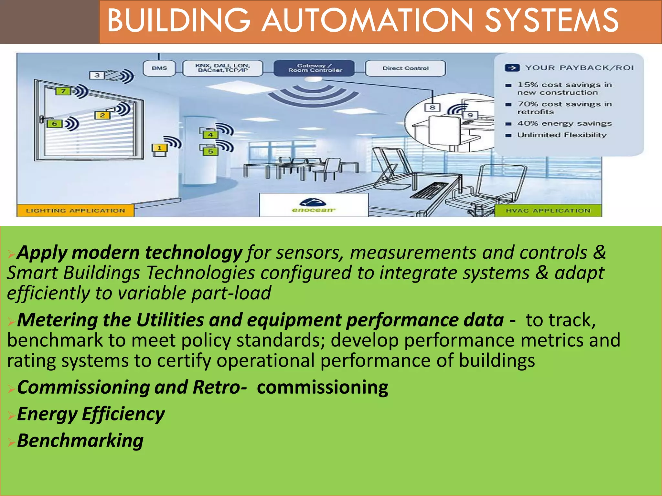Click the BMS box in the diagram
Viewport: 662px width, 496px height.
click(x=159, y=68)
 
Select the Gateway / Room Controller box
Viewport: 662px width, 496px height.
click(x=314, y=68)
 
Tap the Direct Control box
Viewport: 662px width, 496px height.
click(x=405, y=68)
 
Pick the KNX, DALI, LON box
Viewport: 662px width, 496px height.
click(x=223, y=68)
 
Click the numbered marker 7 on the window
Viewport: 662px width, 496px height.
click(x=63, y=91)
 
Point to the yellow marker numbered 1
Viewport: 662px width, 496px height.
click(x=159, y=148)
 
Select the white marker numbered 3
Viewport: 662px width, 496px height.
click(x=97, y=75)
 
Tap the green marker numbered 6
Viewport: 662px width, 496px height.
click(x=54, y=124)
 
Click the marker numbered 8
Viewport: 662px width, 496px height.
click(x=432, y=107)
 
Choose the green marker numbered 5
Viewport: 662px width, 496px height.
click(x=210, y=151)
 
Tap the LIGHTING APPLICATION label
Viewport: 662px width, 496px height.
click(x=75, y=211)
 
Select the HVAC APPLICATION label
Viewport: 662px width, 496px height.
click(x=548, y=211)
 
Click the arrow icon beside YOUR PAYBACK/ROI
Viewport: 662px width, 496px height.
click(x=512, y=68)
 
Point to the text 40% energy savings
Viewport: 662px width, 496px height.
click(x=564, y=123)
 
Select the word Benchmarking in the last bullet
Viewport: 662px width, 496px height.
click(x=80, y=440)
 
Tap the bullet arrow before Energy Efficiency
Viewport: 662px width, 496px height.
click(x=11, y=415)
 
